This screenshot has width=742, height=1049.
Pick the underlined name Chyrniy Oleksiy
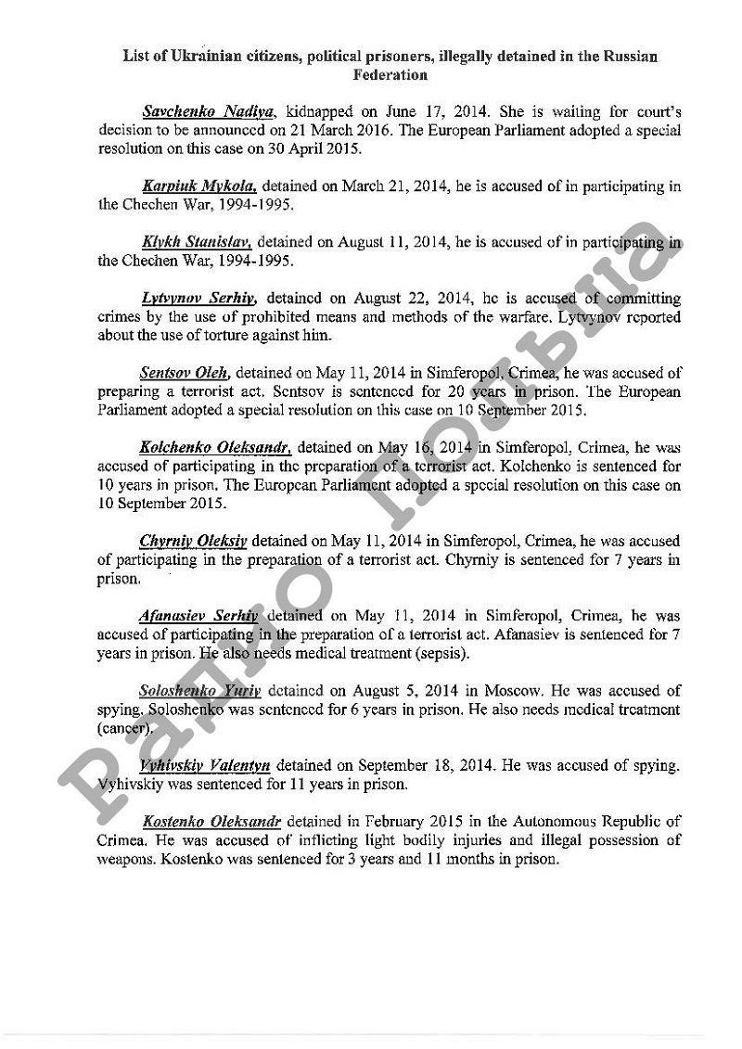coord(193,540)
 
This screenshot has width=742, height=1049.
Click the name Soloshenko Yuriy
coord(199,690)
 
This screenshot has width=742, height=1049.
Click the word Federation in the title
coord(390,74)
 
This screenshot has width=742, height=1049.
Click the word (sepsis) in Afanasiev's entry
coord(443,653)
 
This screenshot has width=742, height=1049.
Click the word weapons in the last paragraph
coord(126,859)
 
